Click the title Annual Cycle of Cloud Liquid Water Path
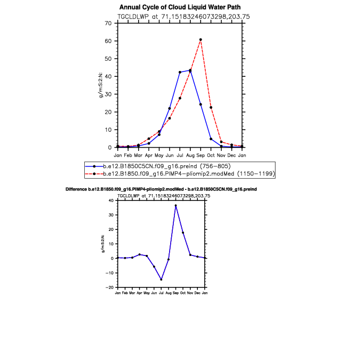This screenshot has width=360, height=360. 180,7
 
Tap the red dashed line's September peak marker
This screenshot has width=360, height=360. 201,39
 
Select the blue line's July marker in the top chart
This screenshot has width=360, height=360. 180,72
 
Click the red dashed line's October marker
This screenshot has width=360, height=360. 211,108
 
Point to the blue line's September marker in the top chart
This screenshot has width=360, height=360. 201,105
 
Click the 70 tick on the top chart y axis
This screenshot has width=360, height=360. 108,23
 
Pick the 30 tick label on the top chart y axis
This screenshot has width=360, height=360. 108,94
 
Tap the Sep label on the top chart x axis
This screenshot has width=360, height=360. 201,155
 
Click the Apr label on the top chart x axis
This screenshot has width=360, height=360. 149,155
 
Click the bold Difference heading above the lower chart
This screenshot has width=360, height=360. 165,189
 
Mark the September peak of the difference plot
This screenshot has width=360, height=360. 175,205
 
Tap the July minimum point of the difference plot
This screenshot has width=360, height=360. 161,279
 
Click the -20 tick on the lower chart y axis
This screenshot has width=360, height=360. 110,287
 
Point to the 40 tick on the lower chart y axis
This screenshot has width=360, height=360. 111,201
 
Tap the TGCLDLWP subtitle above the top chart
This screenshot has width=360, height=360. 180,17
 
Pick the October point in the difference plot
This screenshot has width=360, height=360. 183,233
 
